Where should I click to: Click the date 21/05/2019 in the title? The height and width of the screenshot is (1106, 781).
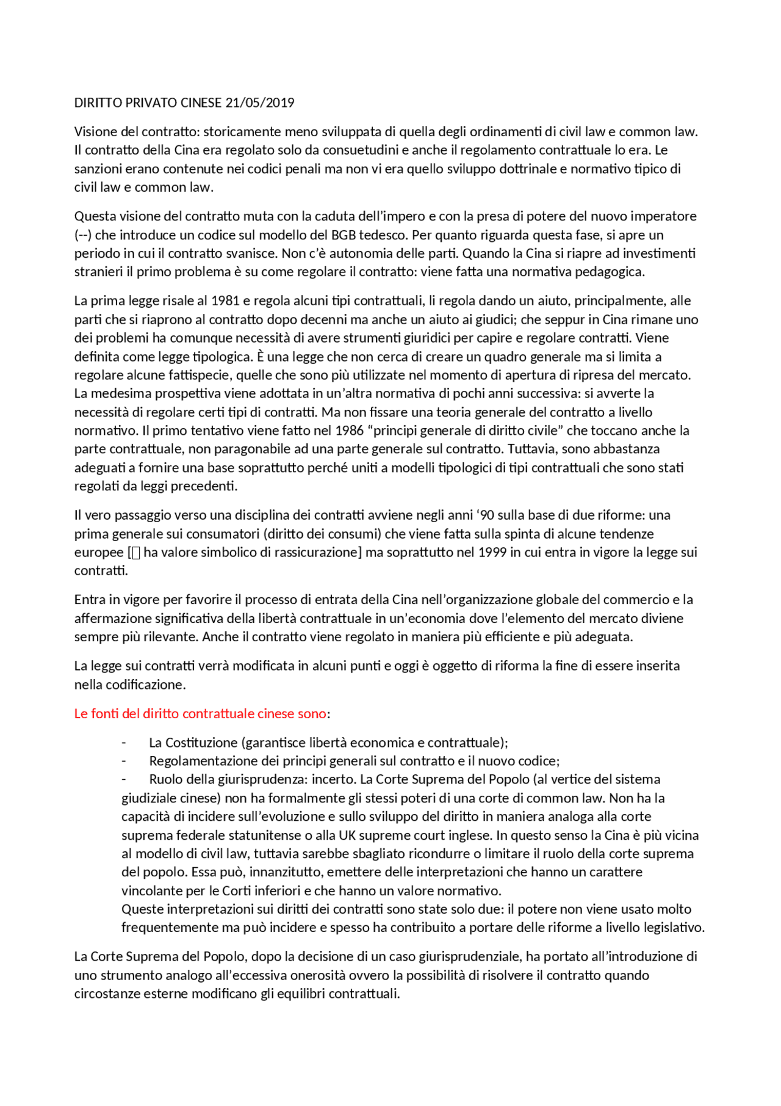[260, 103]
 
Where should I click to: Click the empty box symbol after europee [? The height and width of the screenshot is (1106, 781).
[136, 553]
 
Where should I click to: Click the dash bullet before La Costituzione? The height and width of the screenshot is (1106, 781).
[124, 743]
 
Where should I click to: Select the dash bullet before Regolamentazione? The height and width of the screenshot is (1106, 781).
[124, 761]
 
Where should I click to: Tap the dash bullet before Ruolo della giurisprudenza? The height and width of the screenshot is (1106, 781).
[124, 779]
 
